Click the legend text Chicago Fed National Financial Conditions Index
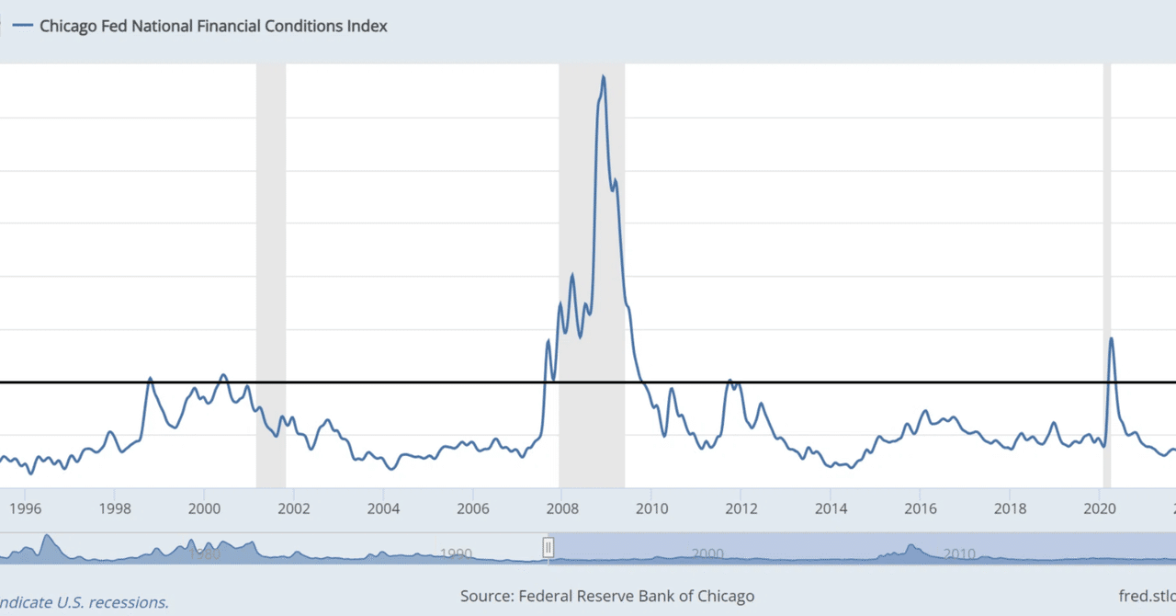coord(213,27)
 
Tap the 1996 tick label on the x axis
coord(25,508)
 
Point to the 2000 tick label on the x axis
coord(204,508)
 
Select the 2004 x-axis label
coord(383,508)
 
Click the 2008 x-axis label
coord(560,508)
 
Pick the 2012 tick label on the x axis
coord(741,508)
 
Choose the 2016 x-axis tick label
coord(920,508)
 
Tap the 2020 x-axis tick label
coord(1100,508)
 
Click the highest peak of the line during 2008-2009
coord(603,76)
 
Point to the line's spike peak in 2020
coord(1111,338)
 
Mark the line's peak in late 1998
coord(150,378)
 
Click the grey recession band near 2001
coord(271,276)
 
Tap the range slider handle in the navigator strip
coord(548,548)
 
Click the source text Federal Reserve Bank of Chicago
coord(607,596)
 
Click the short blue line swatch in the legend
coord(18,27)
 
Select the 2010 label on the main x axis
coord(651,508)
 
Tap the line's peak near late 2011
coord(729,381)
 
